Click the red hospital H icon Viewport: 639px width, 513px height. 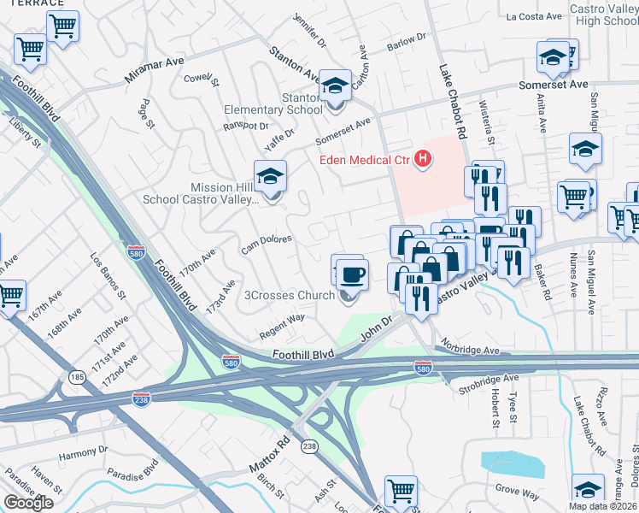tap(422, 158)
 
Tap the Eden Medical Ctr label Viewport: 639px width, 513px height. tap(365, 159)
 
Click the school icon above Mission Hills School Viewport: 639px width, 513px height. tap(271, 177)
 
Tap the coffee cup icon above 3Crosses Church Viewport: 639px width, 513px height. tap(351, 274)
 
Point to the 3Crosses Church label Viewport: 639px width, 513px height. tap(290, 297)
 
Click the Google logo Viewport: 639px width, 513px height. tap(28, 503)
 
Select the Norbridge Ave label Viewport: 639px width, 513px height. tap(470, 349)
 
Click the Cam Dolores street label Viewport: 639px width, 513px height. tap(267, 245)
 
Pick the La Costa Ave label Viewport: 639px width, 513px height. tap(534, 16)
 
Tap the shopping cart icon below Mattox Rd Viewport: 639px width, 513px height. tap(401, 491)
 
